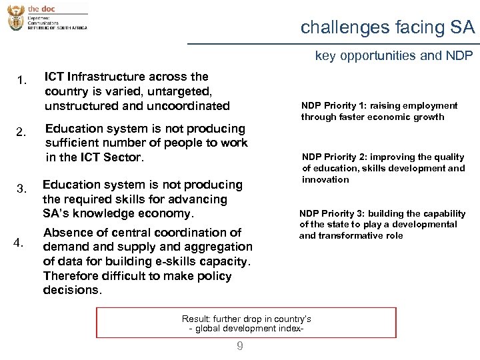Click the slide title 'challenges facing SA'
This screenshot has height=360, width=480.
click(x=387, y=27)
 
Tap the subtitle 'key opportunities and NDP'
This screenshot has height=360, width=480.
click(x=393, y=56)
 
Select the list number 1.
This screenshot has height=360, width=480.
click(x=21, y=81)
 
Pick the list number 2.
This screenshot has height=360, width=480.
click(x=21, y=132)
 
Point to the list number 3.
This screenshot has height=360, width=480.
click(x=21, y=189)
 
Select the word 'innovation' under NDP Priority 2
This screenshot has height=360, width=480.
click(x=325, y=180)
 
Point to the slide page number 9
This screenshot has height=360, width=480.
click(x=240, y=346)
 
